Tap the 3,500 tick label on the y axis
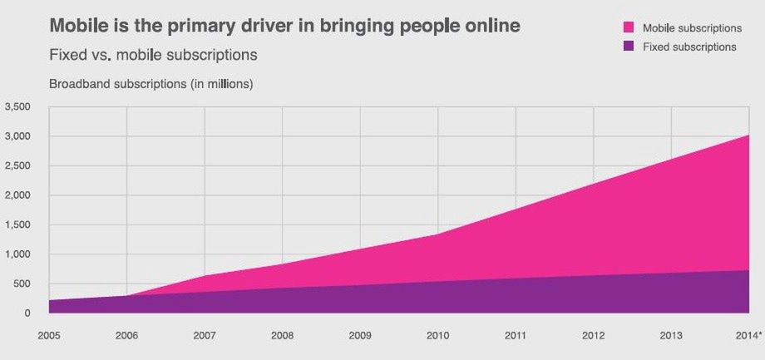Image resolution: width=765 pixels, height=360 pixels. click(17, 106)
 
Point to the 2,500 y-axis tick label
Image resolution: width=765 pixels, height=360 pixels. click(17, 165)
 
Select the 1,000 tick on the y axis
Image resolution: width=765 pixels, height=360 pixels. click(17, 254)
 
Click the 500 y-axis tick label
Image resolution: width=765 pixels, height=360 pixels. click(22, 284)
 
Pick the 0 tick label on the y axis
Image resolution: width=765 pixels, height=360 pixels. click(27, 313)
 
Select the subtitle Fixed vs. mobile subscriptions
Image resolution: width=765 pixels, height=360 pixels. click(153, 55)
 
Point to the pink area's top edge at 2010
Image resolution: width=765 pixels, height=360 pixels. click(438, 234)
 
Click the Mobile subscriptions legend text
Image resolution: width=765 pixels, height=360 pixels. click(692, 28)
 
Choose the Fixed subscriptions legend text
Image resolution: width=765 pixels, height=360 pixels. click(689, 47)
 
